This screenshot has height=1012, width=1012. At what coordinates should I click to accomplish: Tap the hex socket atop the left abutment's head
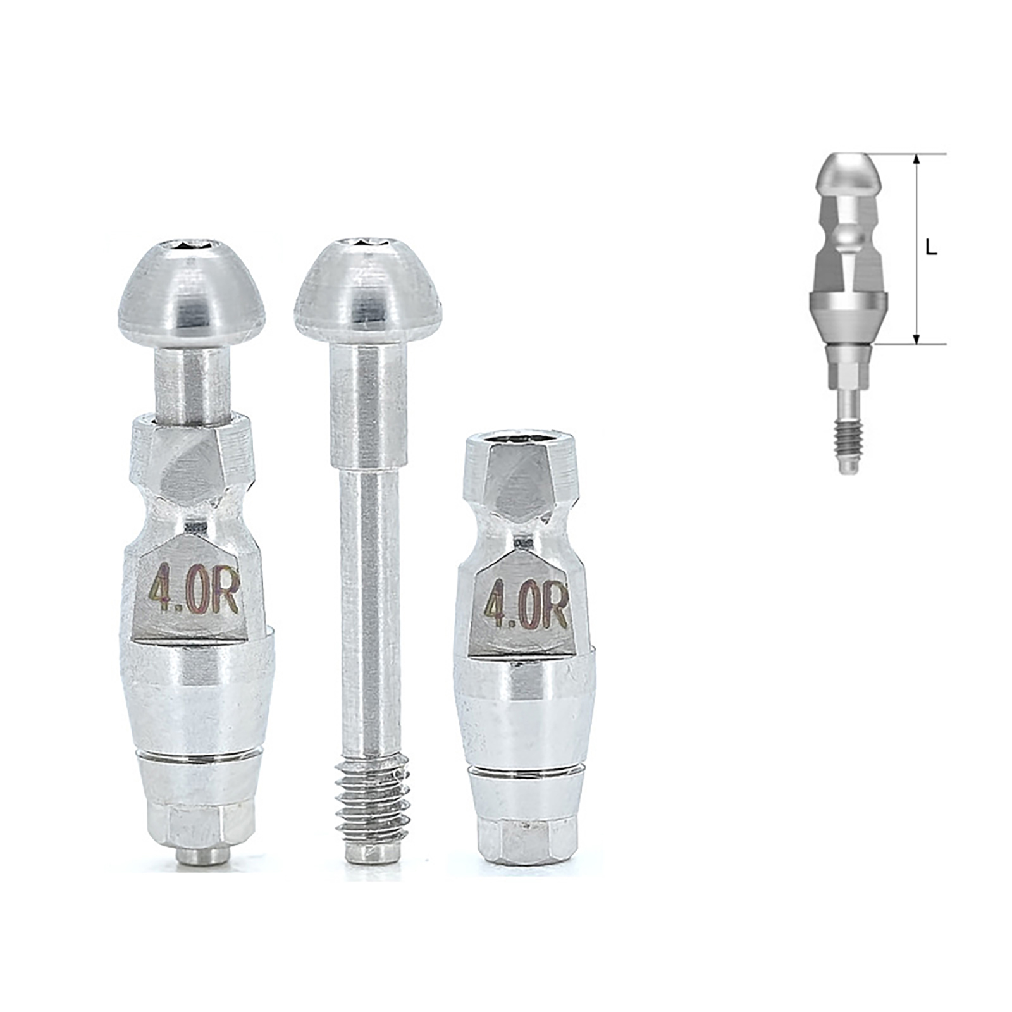pyautogui.click(x=192, y=245)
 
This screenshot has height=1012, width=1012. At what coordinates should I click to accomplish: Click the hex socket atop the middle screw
pyautogui.click(x=369, y=242)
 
